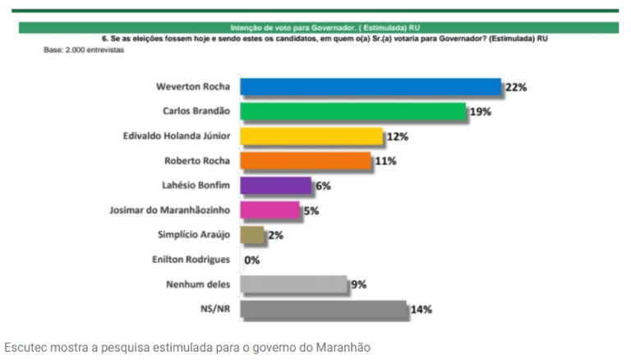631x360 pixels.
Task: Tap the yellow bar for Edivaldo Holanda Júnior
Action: (311, 136)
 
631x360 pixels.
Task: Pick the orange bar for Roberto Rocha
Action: (306, 161)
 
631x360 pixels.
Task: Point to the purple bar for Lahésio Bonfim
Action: (276, 186)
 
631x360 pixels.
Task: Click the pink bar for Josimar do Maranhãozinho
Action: (270, 210)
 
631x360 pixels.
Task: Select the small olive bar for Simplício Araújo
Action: (252, 235)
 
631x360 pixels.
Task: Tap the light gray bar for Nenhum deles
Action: (293, 284)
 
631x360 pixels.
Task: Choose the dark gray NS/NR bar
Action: (324, 309)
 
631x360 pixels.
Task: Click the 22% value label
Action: (515, 87)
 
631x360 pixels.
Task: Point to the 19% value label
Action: (480, 112)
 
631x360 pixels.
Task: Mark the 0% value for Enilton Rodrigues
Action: (251, 261)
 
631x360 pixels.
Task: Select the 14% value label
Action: (421, 309)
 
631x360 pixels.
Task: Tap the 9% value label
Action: (358, 284)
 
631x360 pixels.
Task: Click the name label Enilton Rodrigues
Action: (192, 260)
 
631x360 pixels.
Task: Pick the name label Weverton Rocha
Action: (194, 87)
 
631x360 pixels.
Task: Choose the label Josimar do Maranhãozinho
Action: (170, 210)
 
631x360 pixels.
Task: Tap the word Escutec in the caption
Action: (25, 348)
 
